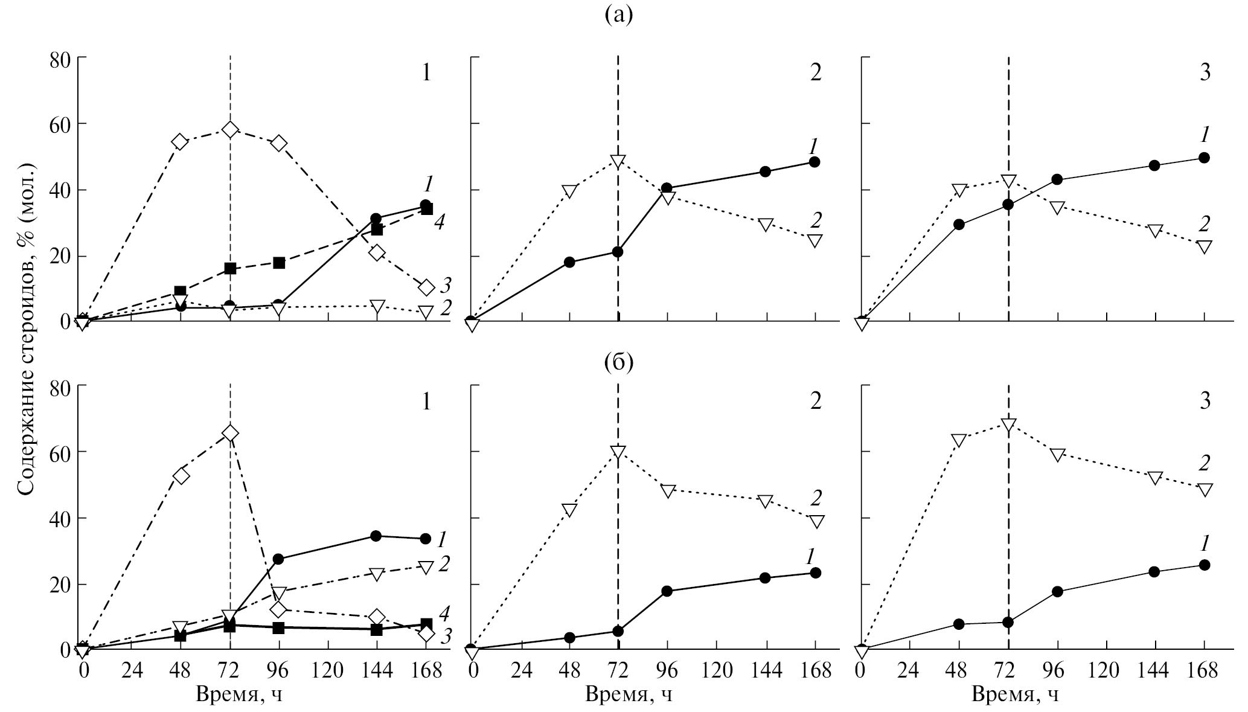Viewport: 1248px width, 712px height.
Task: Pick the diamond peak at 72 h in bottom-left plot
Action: [x=230, y=434]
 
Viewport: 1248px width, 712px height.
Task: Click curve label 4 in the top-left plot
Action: [x=440, y=222]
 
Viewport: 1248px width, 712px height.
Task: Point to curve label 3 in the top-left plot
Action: [x=446, y=284]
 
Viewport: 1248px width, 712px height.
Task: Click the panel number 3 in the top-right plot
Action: [x=1205, y=72]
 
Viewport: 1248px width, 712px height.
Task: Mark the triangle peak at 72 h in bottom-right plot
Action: [x=1008, y=424]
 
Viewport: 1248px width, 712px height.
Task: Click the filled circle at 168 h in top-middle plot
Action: [x=814, y=162]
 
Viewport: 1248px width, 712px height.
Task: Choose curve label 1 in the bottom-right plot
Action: [x=1204, y=544]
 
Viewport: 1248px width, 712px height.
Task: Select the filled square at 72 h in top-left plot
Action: [x=230, y=269]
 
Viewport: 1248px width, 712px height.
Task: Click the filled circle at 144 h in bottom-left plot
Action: [x=376, y=536]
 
